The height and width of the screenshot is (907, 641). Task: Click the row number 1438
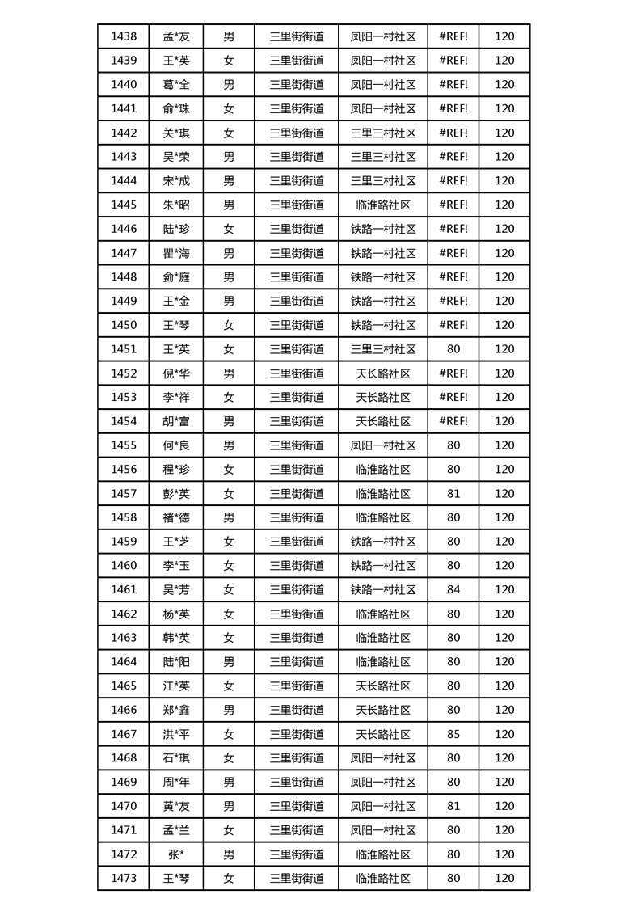pyautogui.click(x=124, y=36)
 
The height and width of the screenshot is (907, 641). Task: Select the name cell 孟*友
pyautogui.click(x=176, y=36)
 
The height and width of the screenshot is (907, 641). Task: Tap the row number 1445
pyautogui.click(x=124, y=205)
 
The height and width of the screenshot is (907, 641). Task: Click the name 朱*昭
pyautogui.click(x=176, y=205)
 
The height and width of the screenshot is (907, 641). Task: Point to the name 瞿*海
pyautogui.click(x=176, y=253)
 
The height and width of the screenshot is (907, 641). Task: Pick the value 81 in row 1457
pyautogui.click(x=453, y=493)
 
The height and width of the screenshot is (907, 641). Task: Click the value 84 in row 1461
pyautogui.click(x=453, y=589)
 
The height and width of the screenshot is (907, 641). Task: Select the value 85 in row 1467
pyautogui.click(x=453, y=734)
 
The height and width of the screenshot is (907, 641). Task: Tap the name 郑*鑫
pyautogui.click(x=176, y=710)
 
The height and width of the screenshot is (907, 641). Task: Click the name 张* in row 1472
pyautogui.click(x=176, y=854)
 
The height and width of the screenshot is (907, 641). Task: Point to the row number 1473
pyautogui.click(x=124, y=878)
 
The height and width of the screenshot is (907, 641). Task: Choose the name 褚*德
pyautogui.click(x=176, y=517)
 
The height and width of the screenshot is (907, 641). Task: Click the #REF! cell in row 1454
pyautogui.click(x=453, y=421)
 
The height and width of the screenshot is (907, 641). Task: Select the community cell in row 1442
pyautogui.click(x=383, y=133)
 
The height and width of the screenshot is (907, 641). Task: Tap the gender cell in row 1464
pyautogui.click(x=229, y=661)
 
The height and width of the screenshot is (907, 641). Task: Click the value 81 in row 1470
pyautogui.click(x=453, y=806)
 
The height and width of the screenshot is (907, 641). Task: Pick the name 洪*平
pyautogui.click(x=176, y=734)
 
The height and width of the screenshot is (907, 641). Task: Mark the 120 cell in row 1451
pyautogui.click(x=504, y=349)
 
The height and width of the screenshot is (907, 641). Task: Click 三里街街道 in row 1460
pyautogui.click(x=297, y=565)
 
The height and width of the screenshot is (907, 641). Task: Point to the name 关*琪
pyautogui.click(x=176, y=133)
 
